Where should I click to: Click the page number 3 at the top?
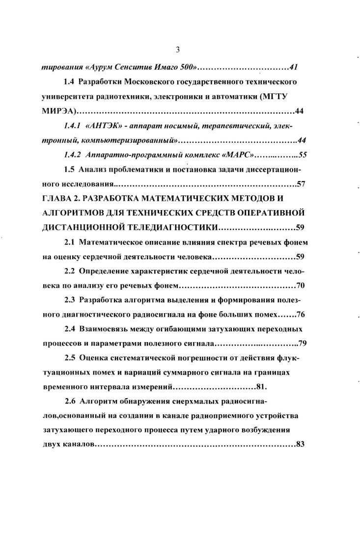[178, 49]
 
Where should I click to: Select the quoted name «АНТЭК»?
[102, 127]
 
